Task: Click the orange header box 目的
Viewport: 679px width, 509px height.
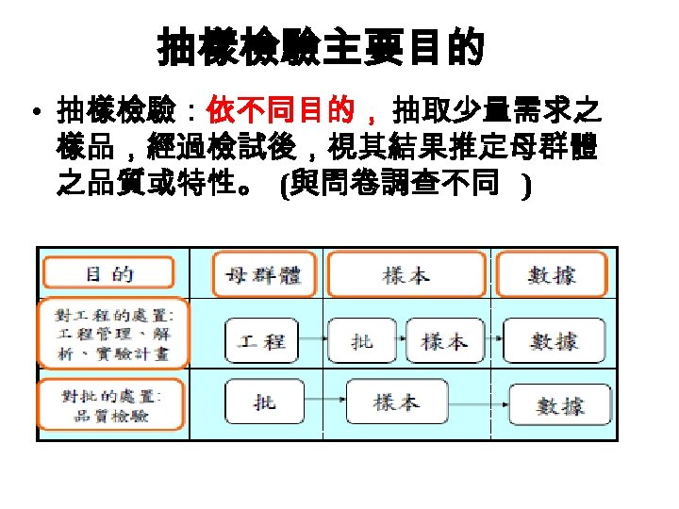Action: (x=110, y=273)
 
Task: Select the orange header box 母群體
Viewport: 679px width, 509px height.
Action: (x=257, y=275)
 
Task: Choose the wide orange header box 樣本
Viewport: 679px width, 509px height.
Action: (x=406, y=275)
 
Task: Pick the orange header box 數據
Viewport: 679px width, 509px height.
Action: (x=552, y=275)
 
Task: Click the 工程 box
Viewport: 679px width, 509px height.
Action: (x=261, y=340)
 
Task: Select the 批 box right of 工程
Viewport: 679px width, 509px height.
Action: (x=361, y=340)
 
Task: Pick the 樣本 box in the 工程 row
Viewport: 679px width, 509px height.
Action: (x=444, y=340)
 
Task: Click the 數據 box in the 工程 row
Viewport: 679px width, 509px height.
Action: (x=554, y=340)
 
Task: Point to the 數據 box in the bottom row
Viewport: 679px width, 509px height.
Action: (x=559, y=406)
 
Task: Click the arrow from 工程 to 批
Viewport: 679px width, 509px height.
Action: (x=311, y=340)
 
